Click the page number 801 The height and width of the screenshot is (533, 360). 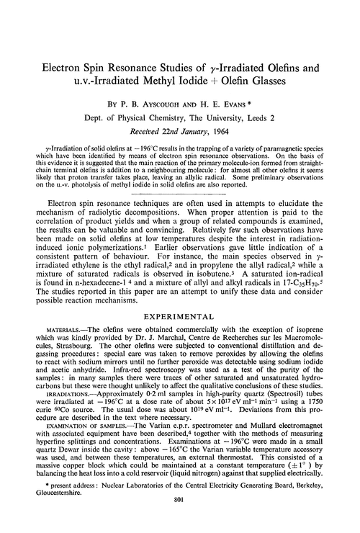pyautogui.click(x=179, y=521)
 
